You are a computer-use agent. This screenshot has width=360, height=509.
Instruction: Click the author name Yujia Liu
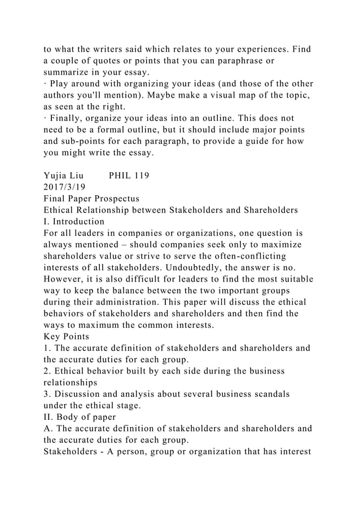tap(64, 175)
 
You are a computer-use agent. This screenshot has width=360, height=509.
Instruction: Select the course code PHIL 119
tap(129, 175)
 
